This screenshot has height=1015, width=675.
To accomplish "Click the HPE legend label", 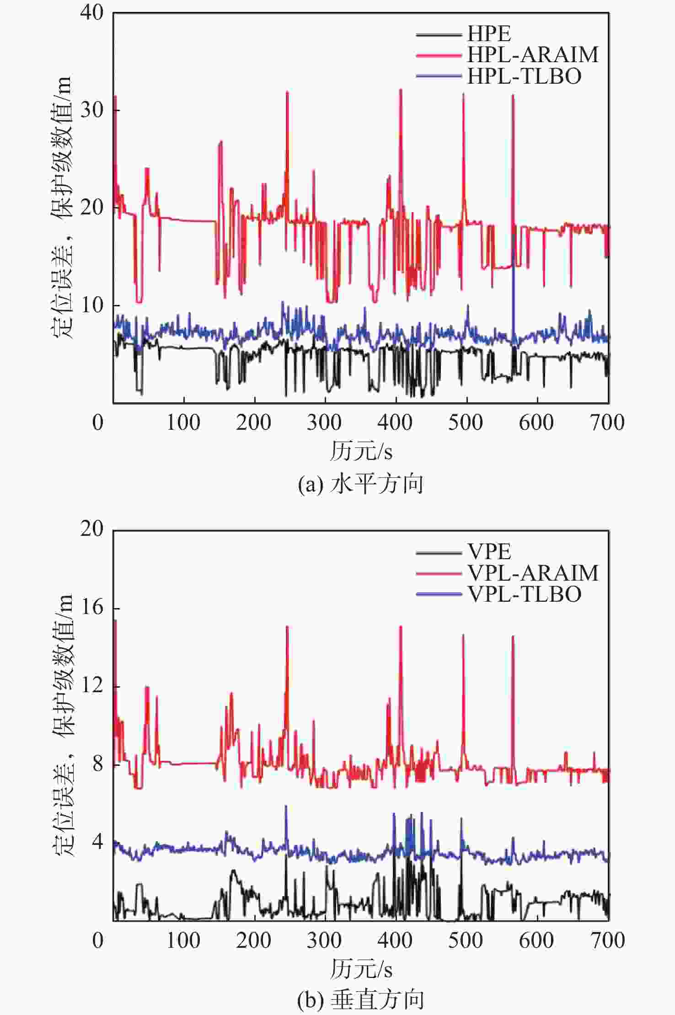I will pyautogui.click(x=489, y=34).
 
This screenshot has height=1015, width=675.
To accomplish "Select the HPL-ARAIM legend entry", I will pyautogui.click(x=532, y=55).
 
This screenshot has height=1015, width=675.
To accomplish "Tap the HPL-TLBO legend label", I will pyautogui.click(x=524, y=76).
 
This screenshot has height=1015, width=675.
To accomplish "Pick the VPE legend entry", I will pyautogui.click(x=489, y=552).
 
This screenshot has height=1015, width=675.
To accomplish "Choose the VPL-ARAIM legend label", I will pyautogui.click(x=532, y=573).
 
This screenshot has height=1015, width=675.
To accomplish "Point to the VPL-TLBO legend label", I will pyautogui.click(x=524, y=594).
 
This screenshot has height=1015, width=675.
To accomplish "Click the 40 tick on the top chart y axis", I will pyautogui.click(x=92, y=12).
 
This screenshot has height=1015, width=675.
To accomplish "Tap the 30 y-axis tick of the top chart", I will pyautogui.click(x=92, y=110).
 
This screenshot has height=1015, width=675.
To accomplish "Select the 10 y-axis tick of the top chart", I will pyautogui.click(x=92, y=305).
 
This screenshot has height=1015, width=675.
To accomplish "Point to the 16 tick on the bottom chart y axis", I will pyautogui.click(x=92, y=608).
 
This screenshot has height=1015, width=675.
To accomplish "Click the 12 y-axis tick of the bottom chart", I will pyautogui.click(x=92, y=686).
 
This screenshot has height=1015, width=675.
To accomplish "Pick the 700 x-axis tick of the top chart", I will pyautogui.click(x=607, y=422).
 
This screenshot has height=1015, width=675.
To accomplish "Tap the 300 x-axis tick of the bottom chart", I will pyautogui.click(x=324, y=940).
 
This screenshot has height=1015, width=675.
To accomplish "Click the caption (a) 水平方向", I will pyautogui.click(x=360, y=484).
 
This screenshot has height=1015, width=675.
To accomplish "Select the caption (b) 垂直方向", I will pyautogui.click(x=360, y=1000).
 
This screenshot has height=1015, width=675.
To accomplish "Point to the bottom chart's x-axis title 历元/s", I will pyautogui.click(x=361, y=969).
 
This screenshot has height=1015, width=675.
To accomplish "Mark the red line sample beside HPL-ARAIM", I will pyautogui.click(x=438, y=55).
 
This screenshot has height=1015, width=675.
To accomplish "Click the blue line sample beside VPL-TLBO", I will pyautogui.click(x=438, y=594).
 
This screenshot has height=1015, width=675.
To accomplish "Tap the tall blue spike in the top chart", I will pyautogui.click(x=514, y=283).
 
